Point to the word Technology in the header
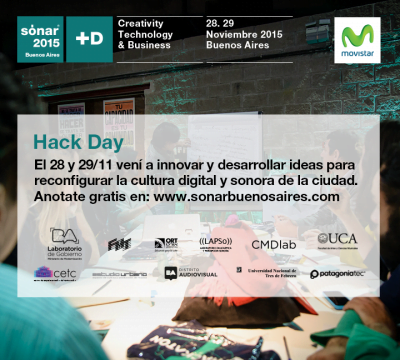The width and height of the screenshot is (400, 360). [x=152, y=34]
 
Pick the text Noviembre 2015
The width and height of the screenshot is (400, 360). [x=246, y=34]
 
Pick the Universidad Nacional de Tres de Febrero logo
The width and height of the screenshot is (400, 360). [x=265, y=271]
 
